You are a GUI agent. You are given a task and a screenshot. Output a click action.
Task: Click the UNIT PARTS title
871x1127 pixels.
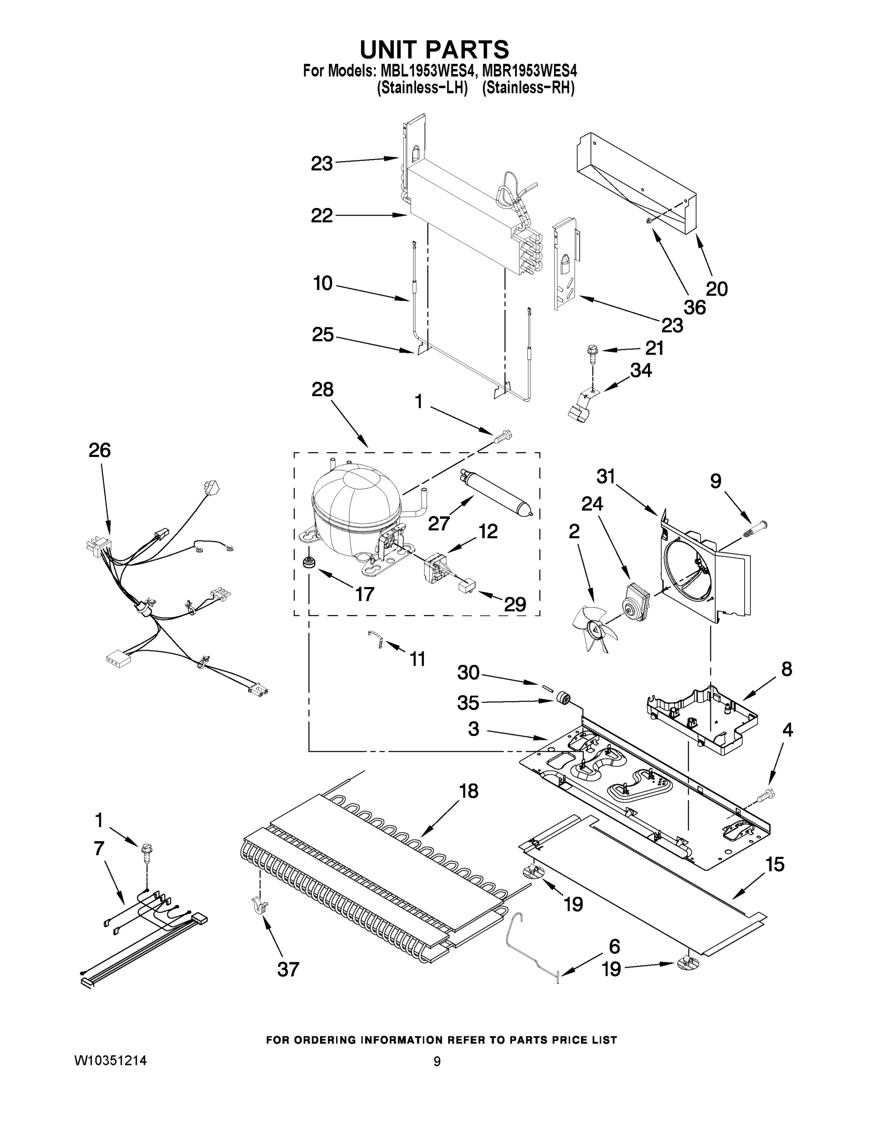(x=434, y=50)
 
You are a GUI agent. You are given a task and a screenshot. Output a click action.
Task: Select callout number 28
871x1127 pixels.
(x=323, y=390)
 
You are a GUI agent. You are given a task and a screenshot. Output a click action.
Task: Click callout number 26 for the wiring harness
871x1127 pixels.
(x=100, y=450)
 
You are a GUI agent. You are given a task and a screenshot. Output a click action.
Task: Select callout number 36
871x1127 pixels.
(x=694, y=308)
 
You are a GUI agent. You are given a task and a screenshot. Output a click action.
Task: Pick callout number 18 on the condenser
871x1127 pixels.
(x=469, y=791)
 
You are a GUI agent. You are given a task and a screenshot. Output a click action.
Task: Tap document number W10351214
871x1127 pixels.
(x=110, y=1061)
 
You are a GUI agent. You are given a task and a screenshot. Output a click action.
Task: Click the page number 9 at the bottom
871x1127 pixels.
(x=437, y=1061)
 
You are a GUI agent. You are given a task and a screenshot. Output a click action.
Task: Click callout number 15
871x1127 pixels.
(x=774, y=865)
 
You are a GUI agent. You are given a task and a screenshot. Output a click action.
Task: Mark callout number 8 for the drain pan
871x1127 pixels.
(x=786, y=669)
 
